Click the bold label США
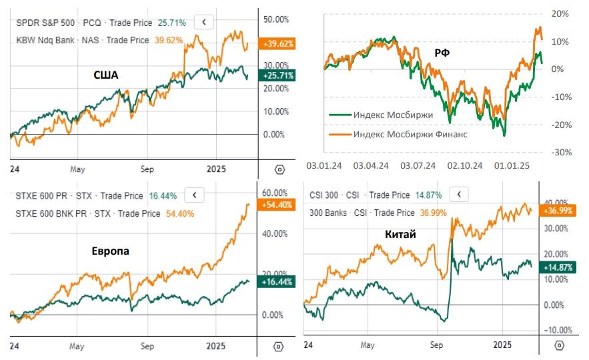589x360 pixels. (105, 75)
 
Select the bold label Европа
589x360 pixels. (111, 251)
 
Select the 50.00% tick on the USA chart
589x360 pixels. (277, 19)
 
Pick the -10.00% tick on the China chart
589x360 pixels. (560, 330)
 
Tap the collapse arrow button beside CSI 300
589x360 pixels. (460, 195)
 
